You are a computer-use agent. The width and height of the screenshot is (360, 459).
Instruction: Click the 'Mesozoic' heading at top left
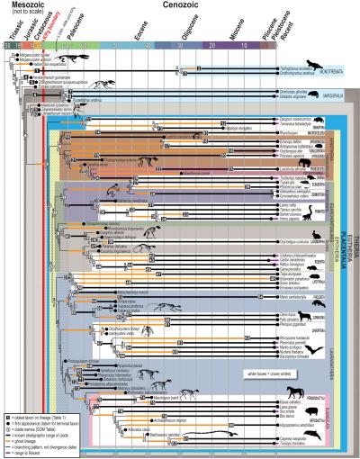(x=26, y=6)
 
